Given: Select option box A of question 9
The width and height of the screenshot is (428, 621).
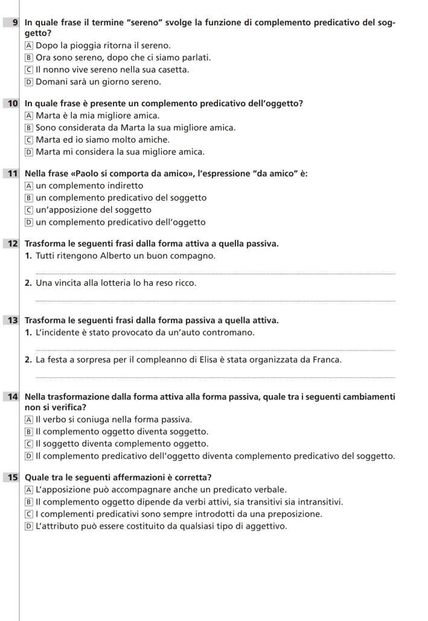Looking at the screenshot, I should click(x=29, y=45).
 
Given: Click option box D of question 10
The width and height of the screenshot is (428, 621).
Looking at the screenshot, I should click(x=29, y=151).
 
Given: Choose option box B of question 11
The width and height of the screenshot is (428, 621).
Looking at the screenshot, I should click(x=29, y=198).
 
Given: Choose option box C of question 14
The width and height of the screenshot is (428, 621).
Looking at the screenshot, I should click(x=29, y=443).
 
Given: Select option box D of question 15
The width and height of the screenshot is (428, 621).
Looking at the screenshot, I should click(x=29, y=526).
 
